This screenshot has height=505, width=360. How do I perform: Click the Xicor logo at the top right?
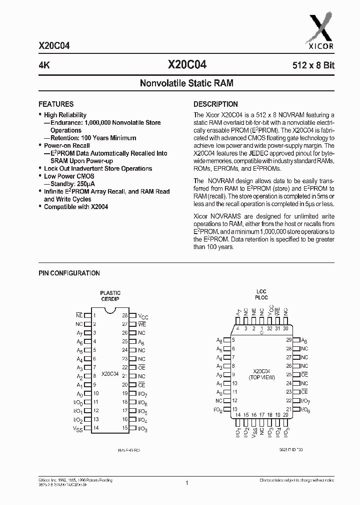coord(320,31)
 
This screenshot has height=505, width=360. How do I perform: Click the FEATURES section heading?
coord(56,104)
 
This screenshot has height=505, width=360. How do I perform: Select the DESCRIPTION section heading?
coord(215,104)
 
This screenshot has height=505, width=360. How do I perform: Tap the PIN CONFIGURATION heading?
coord(69,273)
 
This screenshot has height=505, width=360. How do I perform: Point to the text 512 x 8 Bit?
coord(313,65)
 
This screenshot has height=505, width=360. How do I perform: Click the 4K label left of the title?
coord(44,65)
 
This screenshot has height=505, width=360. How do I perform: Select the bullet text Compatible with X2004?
coord(75,207)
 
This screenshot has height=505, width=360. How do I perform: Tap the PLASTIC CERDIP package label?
coord(110,296)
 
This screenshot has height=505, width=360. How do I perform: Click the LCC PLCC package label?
coord(261,295)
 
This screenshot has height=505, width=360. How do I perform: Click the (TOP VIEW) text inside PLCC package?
coord(261,378)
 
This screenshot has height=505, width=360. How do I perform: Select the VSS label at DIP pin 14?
coord(78,429)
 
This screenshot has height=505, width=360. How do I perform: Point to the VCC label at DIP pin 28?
coord(143,316)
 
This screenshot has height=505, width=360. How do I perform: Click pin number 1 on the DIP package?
coord(95,315)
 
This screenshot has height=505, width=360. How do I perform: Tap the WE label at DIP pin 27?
coord(141,324)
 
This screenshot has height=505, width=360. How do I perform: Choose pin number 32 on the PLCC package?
coord(270,328)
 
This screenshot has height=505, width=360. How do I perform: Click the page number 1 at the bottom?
coord(186,483)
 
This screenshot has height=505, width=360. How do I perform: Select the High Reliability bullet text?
coord(65,115)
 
